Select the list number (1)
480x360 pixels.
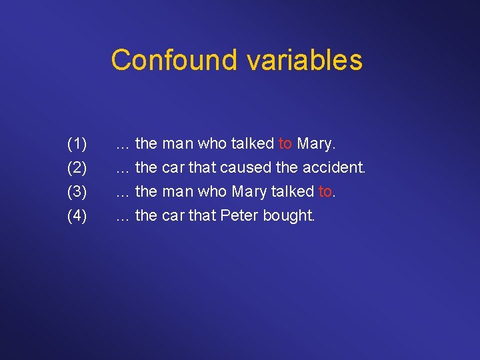pyautogui.click(x=77, y=143)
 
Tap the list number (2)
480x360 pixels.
pyautogui.click(x=77, y=167)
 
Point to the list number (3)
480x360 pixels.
pyautogui.click(x=77, y=191)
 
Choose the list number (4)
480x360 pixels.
pyautogui.click(x=77, y=215)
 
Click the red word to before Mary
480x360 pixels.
pyautogui.click(x=285, y=143)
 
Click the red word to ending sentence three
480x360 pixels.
pyautogui.click(x=325, y=191)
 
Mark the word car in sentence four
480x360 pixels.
pyautogui.click(x=173, y=215)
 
